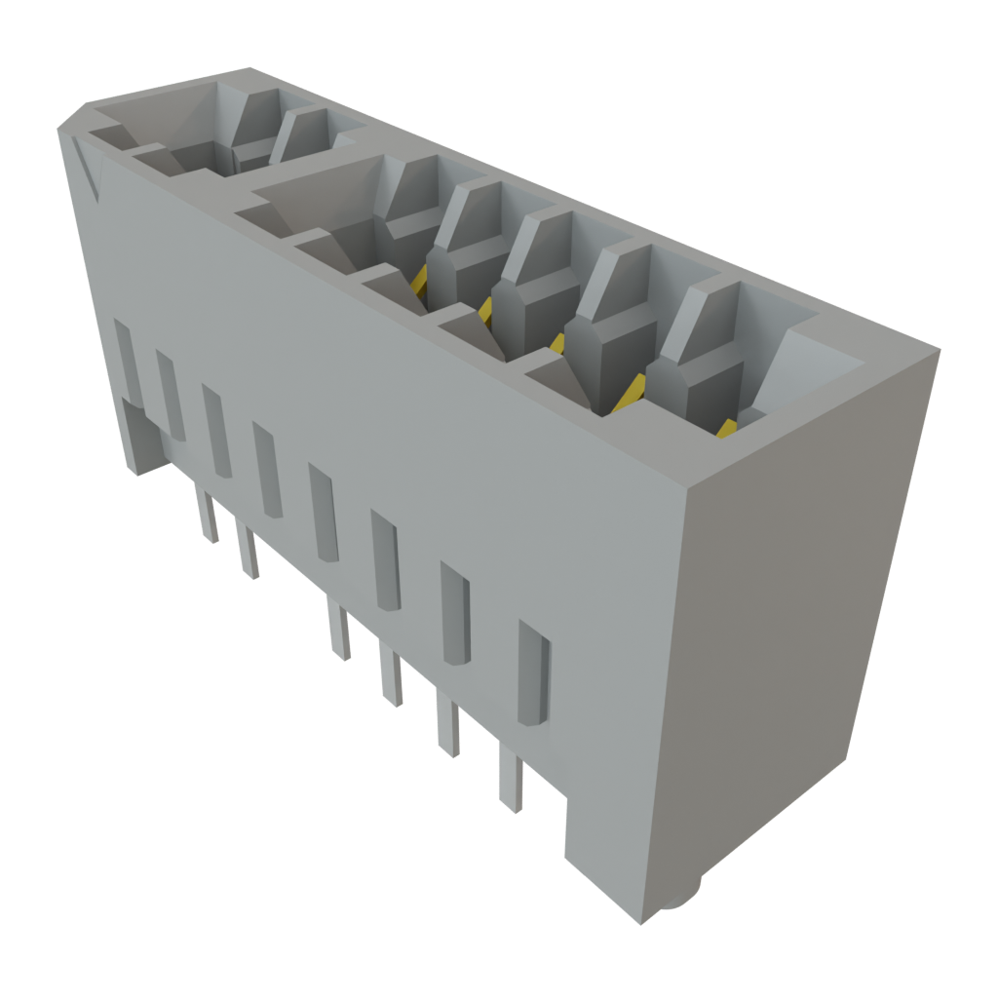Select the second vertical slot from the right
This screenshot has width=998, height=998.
pos(456,613)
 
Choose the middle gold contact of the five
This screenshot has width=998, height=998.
pos(557,342)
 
